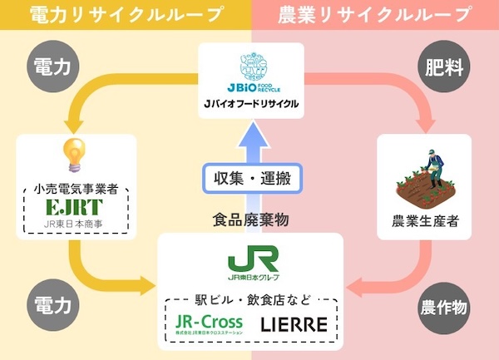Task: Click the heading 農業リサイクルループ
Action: pos(374,14)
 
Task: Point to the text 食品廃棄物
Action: pos(250,219)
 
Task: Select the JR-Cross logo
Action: pos(210,323)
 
